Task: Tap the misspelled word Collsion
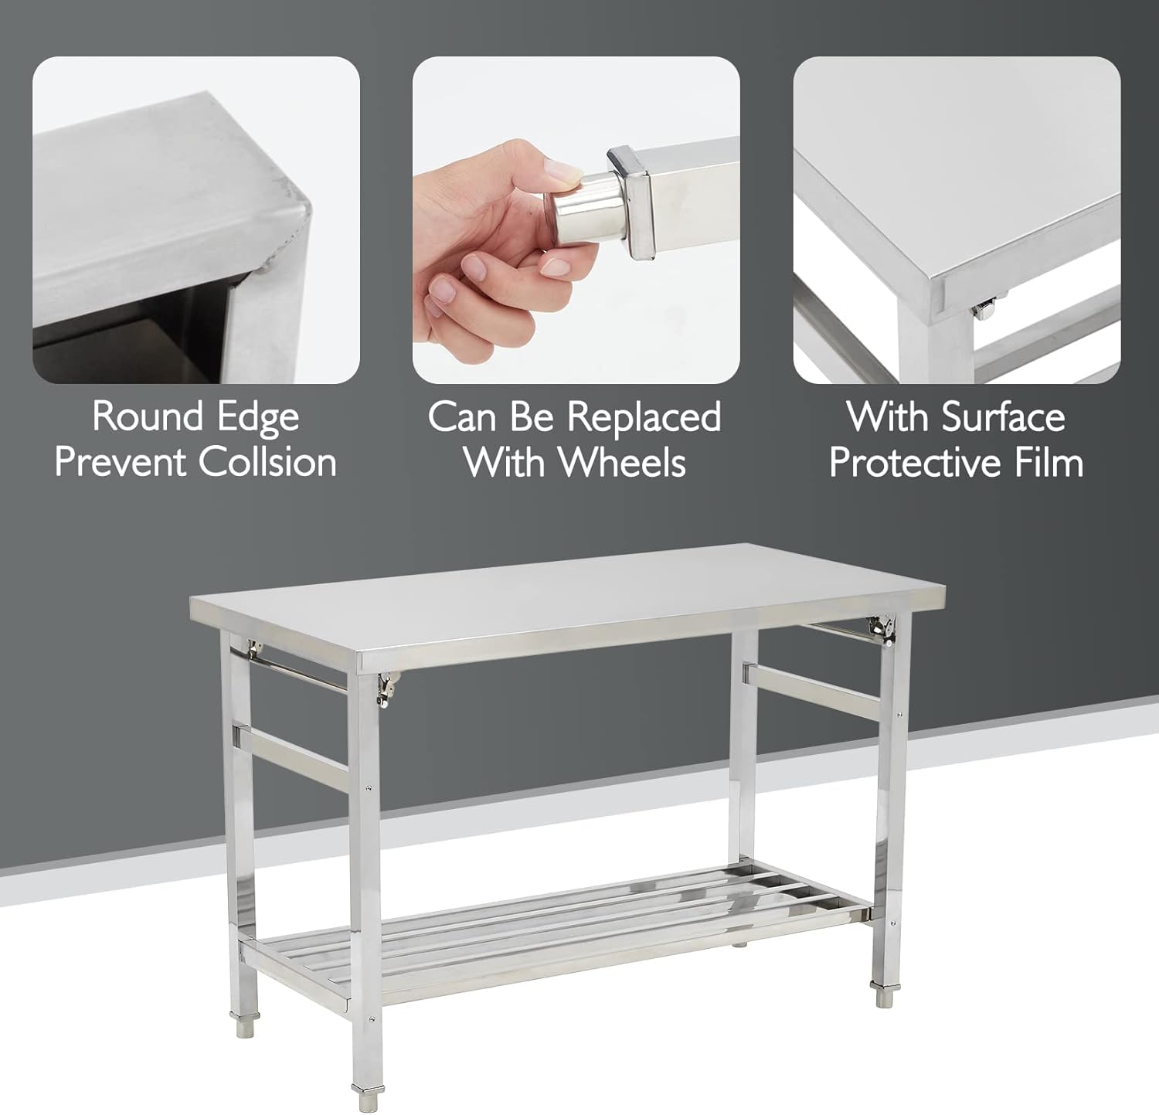click(x=267, y=462)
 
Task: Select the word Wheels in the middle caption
click(x=622, y=462)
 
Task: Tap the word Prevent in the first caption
click(x=121, y=462)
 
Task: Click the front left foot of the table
click(x=364, y=1093)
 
